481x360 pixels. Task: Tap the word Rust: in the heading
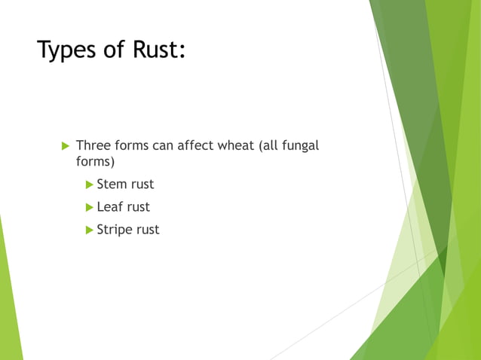155,50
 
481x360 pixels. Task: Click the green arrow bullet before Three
64,145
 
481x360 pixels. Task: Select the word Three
93,145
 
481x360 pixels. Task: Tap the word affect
195,145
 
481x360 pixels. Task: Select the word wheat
236,145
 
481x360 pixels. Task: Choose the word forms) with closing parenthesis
95,162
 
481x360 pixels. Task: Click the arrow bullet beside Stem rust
90,185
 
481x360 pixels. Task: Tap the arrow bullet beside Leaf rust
90,207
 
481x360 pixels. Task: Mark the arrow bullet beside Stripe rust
90,230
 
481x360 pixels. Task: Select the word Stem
111,185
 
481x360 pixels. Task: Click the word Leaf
109,207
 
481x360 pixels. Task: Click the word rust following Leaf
138,207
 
